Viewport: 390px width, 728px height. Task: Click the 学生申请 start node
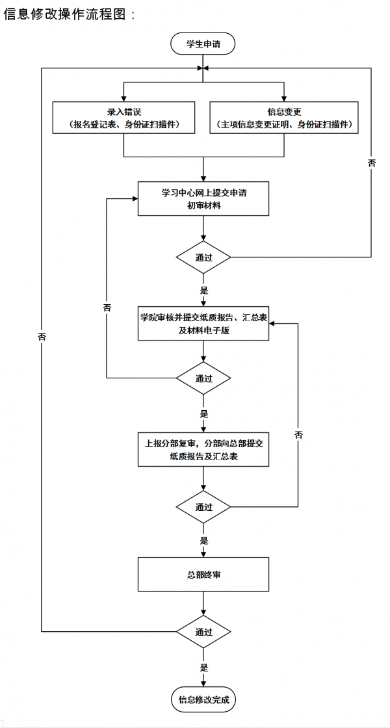202,45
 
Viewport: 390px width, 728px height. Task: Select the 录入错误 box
123,118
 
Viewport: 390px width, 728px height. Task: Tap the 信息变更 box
283,118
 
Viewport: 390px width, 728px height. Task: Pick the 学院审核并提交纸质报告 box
203,323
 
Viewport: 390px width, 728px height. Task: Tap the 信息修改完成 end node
203,700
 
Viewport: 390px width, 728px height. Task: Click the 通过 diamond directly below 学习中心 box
203,257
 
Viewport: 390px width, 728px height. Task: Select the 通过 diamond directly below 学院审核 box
203,378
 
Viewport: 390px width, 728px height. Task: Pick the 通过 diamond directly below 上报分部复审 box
203,506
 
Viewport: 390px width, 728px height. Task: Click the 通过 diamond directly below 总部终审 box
203,631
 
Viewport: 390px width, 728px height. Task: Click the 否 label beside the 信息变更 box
371,163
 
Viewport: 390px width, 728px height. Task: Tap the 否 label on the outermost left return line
42,337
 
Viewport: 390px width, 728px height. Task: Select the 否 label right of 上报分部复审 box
298,434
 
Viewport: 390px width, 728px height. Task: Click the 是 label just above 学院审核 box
203,290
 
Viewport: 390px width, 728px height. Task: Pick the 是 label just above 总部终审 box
203,540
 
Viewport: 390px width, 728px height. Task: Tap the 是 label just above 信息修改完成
203,667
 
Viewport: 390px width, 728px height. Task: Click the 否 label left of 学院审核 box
107,307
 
